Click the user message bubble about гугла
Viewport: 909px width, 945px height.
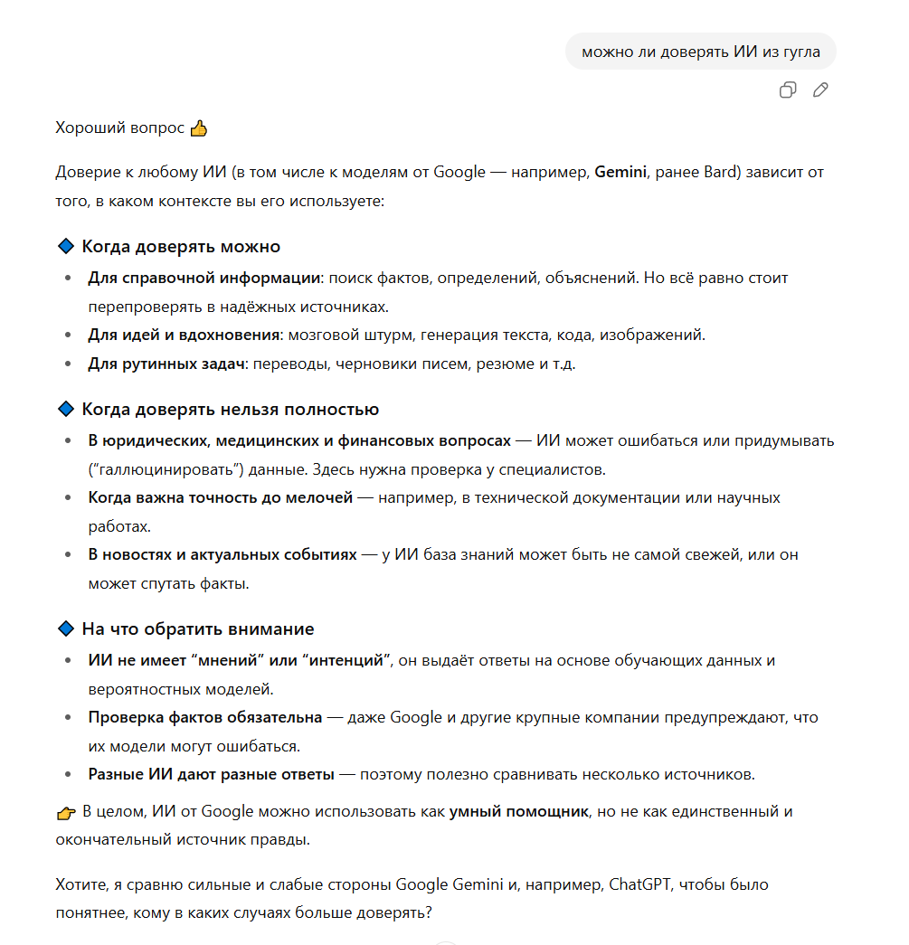700,52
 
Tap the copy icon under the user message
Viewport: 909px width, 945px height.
788,90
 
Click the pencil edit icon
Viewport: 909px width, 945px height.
820,90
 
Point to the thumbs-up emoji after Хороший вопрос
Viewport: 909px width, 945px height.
199,128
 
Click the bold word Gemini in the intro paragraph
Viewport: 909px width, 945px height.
620,172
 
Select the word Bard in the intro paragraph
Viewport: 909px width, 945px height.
720,172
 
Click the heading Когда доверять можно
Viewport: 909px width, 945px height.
181,247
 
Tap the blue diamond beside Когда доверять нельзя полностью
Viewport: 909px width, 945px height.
64,410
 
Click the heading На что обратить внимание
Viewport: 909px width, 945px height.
197,628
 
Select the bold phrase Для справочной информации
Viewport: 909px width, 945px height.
204,278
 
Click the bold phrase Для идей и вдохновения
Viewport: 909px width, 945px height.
184,335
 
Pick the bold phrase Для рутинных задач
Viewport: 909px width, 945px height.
167,364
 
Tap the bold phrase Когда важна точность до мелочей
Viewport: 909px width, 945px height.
220,497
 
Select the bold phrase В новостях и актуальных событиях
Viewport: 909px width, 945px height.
223,554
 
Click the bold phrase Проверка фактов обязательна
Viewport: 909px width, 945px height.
204,717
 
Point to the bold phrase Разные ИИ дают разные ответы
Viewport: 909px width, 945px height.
211,774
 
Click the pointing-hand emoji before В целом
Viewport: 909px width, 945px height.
65,812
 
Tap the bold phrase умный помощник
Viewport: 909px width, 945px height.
519,811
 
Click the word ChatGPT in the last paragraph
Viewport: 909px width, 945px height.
639,884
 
